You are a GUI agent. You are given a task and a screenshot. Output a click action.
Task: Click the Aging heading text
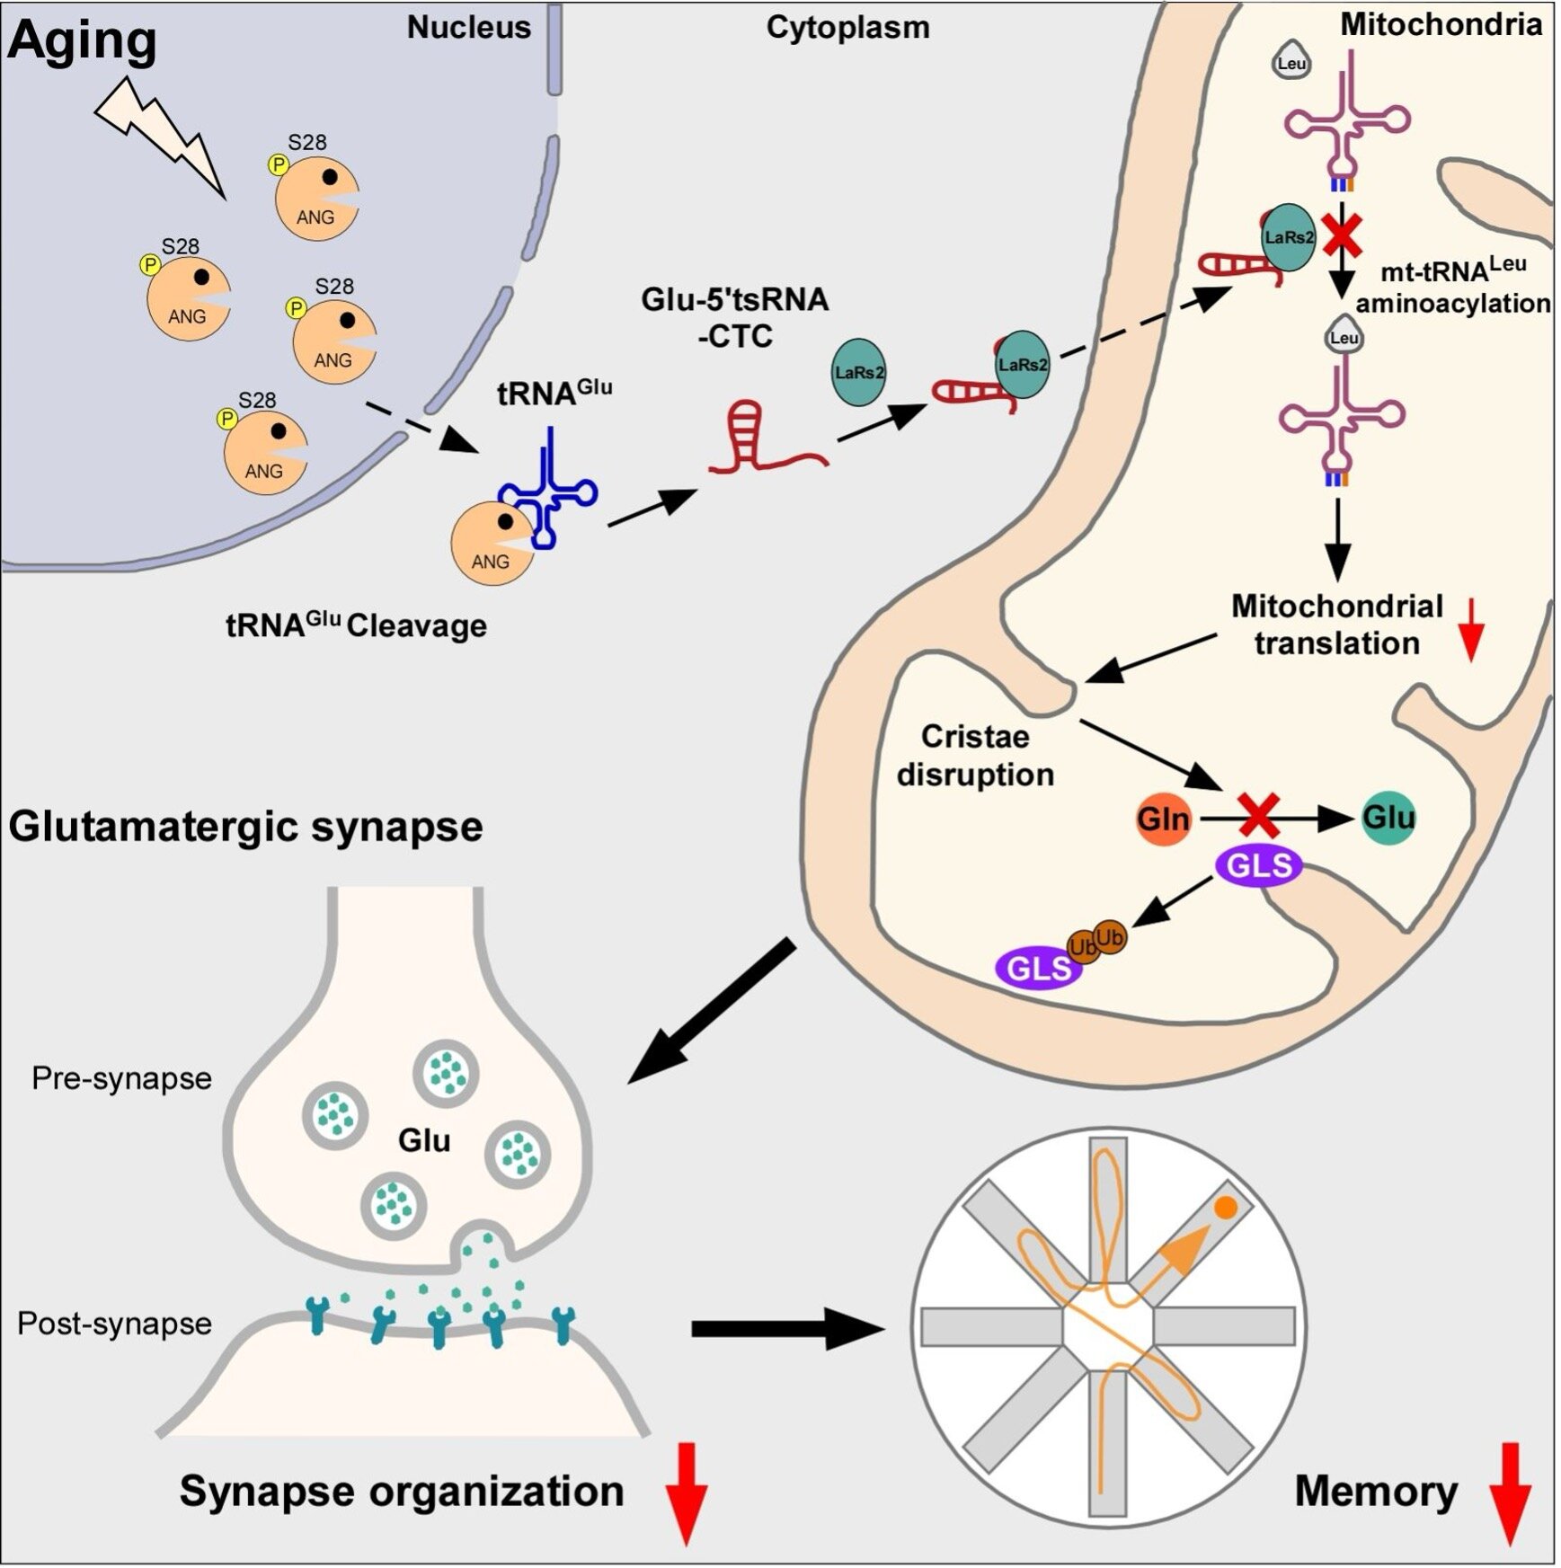[x=83, y=41]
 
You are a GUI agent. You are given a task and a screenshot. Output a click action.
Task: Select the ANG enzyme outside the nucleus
[x=492, y=545]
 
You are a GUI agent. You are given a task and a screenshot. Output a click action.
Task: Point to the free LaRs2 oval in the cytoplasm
[x=859, y=372]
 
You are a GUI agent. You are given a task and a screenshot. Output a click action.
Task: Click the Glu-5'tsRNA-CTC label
[x=735, y=317]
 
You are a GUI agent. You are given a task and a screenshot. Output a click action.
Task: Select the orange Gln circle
[x=1163, y=819]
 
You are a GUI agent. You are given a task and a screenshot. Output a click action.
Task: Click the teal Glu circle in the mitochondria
[x=1388, y=817]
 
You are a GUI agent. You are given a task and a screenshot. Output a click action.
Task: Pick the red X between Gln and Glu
[x=1259, y=816]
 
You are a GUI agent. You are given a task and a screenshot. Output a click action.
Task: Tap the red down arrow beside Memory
[x=1510, y=1493]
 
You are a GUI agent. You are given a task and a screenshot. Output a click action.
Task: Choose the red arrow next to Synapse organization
[x=687, y=1493]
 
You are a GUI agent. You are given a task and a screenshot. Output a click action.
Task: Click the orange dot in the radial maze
[x=1225, y=1209]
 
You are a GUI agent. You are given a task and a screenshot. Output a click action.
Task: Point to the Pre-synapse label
[x=121, y=1078]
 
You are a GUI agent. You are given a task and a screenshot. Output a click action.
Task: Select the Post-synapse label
[x=114, y=1324]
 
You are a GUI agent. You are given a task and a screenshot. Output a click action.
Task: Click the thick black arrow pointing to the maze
[x=787, y=1328]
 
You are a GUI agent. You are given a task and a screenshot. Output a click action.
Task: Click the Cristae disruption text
[x=975, y=756]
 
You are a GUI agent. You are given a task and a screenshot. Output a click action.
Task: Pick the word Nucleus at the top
[x=469, y=28]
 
